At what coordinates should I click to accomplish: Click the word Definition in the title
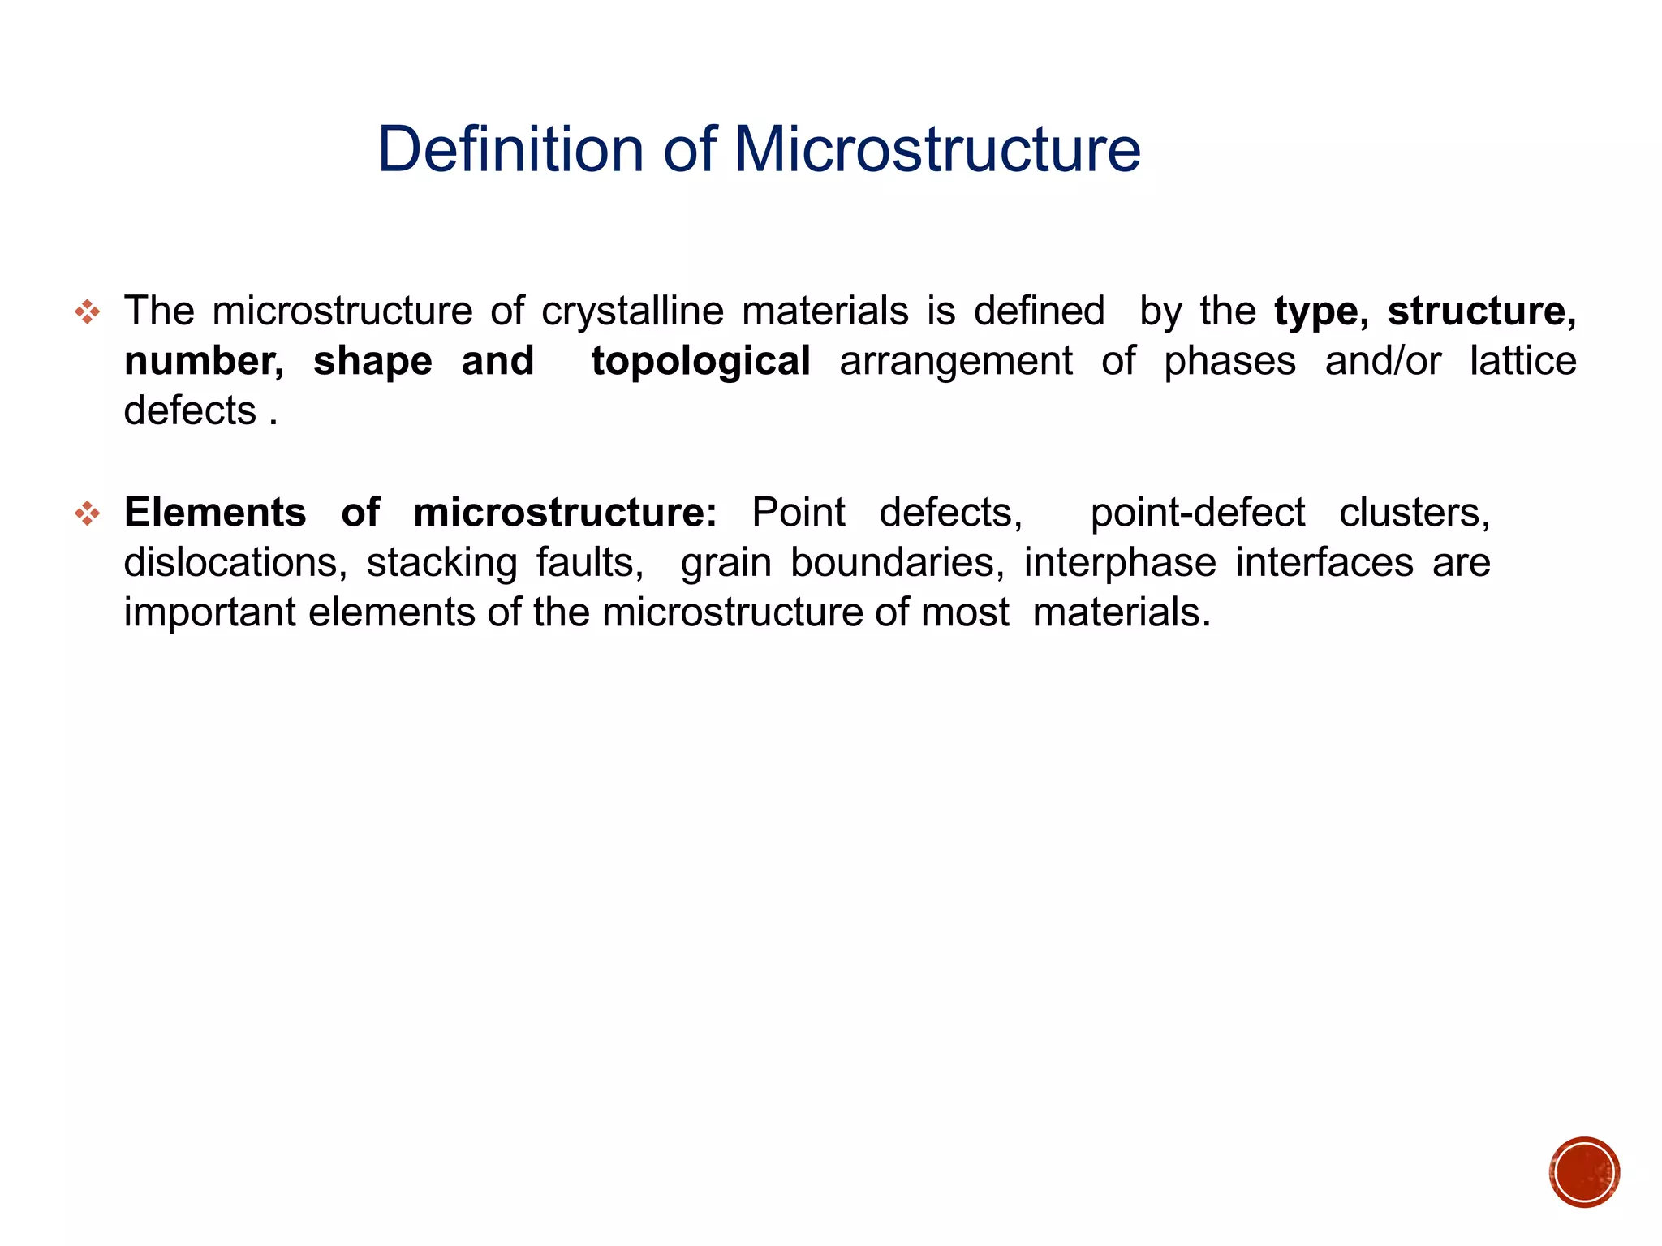pos(510,150)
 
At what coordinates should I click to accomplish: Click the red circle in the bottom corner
pos(1583,1172)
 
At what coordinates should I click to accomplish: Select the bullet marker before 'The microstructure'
pos(87,311)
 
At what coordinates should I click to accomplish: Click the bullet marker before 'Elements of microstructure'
pos(87,513)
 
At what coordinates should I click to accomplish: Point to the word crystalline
pos(632,312)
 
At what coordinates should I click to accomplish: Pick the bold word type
pos(1321,312)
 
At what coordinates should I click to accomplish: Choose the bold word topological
pos(700,362)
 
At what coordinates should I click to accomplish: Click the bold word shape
pos(372,362)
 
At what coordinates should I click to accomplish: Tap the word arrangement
pos(956,362)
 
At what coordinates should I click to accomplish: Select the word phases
pos(1229,362)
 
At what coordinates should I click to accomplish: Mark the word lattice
pos(1522,362)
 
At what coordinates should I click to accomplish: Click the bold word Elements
pos(215,513)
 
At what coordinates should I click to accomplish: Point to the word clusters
pos(1414,513)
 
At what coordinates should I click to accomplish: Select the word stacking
pos(441,563)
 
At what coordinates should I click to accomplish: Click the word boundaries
pos(897,563)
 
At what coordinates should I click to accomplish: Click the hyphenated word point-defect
pos(1197,513)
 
